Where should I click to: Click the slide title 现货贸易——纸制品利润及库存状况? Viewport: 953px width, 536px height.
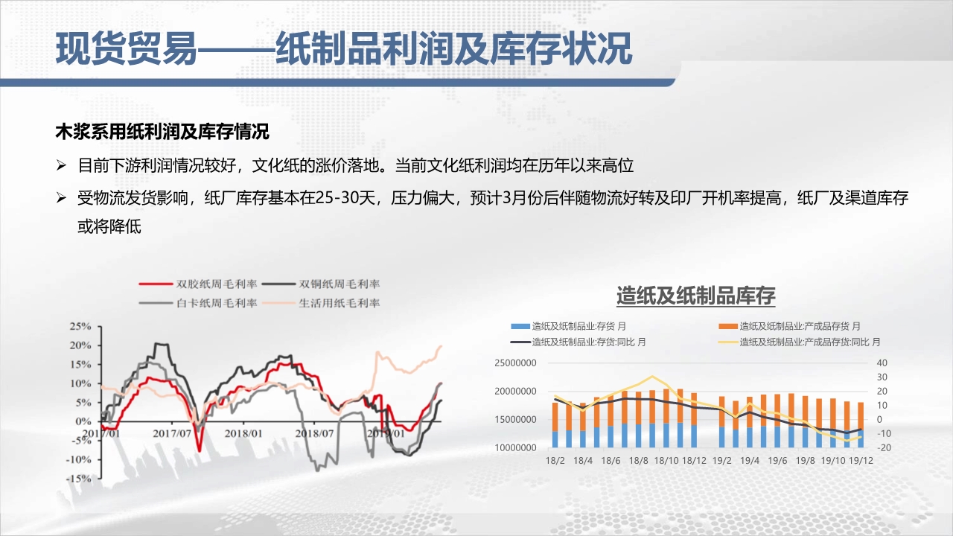click(344, 49)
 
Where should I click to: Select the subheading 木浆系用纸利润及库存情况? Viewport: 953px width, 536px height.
click(162, 132)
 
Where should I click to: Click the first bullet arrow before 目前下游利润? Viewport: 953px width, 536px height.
click(61, 165)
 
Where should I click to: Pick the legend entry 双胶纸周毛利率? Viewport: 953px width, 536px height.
click(198, 284)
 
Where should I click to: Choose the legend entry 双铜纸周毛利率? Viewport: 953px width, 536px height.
click(321, 284)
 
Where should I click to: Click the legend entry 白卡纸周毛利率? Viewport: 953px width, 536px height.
click(198, 303)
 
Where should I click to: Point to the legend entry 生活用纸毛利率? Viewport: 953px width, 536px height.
click(321, 303)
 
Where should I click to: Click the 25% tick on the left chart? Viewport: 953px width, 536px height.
click(80, 326)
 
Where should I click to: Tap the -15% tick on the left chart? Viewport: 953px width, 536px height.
click(79, 479)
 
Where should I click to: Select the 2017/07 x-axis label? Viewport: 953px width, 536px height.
click(172, 433)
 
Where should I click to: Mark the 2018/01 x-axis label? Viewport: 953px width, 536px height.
click(243, 433)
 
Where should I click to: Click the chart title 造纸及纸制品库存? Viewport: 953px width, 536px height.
click(696, 296)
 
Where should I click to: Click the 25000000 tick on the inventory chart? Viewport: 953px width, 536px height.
click(515, 363)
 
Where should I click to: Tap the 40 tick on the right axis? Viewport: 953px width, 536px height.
click(882, 363)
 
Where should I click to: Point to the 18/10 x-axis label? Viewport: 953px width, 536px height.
click(666, 460)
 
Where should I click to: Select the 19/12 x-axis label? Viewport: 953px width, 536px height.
click(861, 460)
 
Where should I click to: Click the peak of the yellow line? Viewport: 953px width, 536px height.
click(652, 377)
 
